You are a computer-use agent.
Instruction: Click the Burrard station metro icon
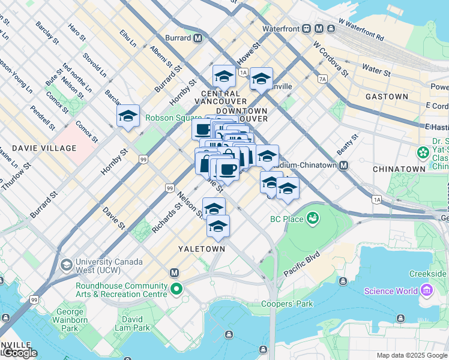click(197, 38)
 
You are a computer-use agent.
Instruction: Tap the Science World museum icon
click(427, 292)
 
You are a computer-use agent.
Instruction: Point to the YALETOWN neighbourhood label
click(202, 248)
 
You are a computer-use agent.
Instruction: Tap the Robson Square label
click(170, 118)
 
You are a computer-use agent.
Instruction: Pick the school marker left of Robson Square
click(128, 116)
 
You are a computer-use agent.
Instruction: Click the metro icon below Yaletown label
click(175, 272)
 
